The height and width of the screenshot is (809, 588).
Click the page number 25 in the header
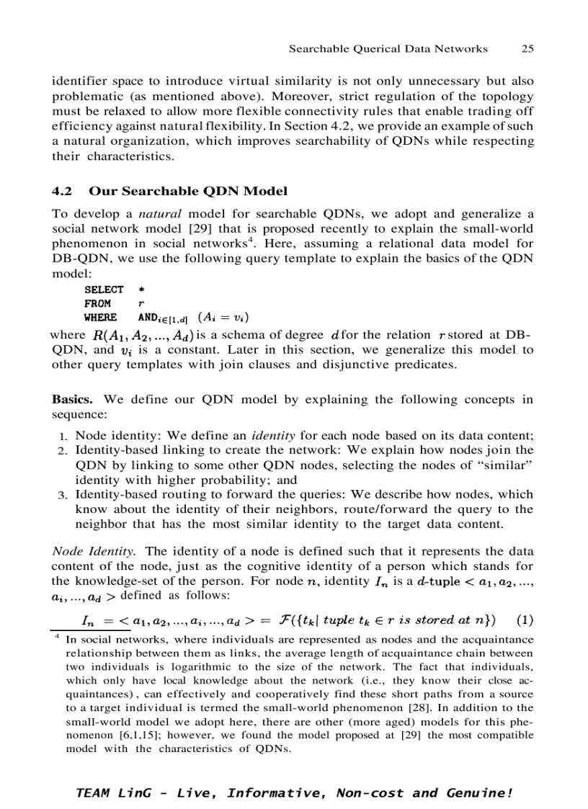(527, 49)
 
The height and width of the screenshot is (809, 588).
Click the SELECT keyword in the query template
(104, 289)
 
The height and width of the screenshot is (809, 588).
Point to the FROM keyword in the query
(97, 303)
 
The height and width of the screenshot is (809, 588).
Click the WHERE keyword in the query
(100, 317)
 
